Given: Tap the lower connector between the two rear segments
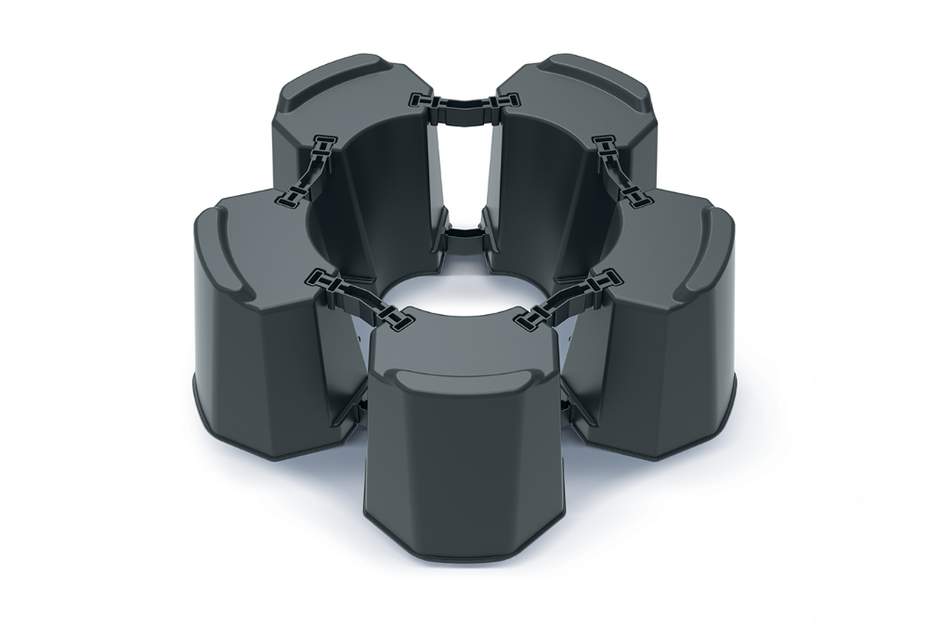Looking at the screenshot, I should (463, 232).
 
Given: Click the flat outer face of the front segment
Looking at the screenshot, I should (464, 464).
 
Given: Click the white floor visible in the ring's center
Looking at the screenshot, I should (464, 297).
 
